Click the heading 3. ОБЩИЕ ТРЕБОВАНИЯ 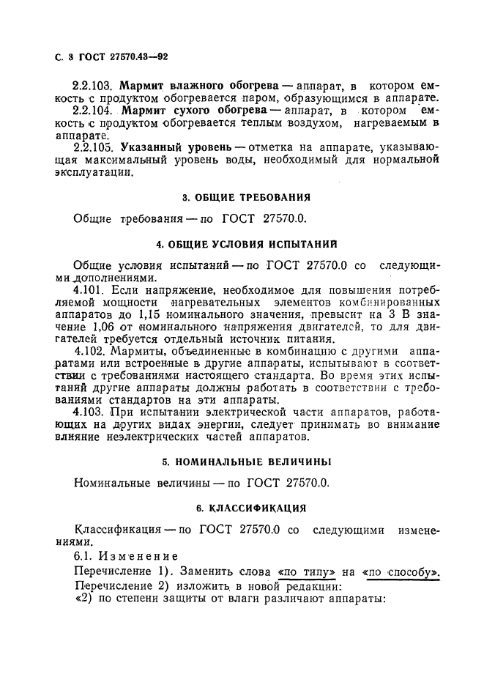[x=245, y=197]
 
